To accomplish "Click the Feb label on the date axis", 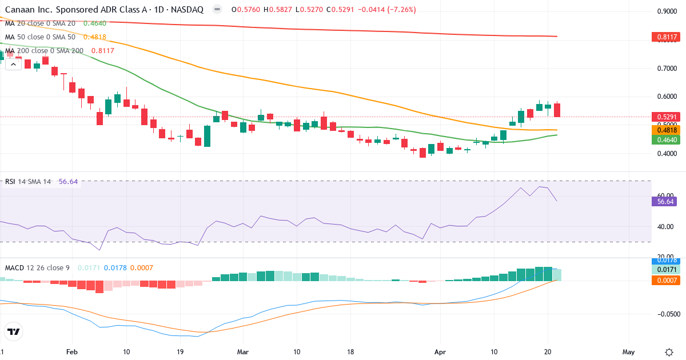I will coord(71,351).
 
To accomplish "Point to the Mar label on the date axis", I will coord(243,351).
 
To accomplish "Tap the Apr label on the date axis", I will coord(440,351).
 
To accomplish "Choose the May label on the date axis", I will coord(628,351).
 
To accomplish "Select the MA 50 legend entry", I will coord(40,37).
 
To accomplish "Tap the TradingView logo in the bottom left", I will coord(13,331).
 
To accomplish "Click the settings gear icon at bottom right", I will coord(669,351).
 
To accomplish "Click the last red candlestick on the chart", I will coord(557,110).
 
